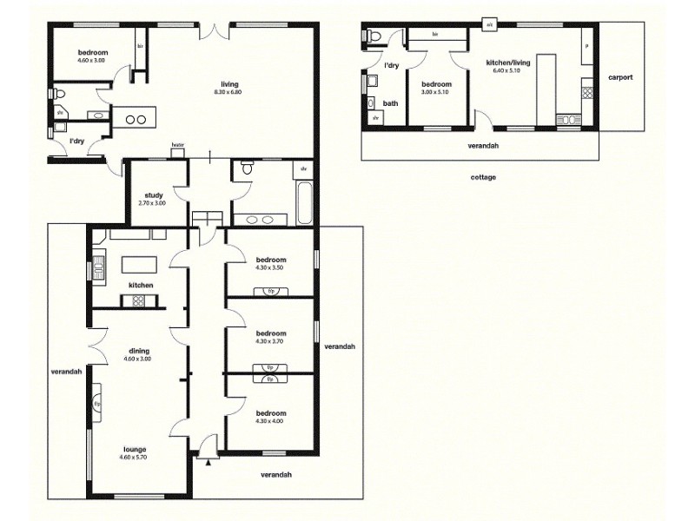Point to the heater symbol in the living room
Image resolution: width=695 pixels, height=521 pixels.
(178, 148)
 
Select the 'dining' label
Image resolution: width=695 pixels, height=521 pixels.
(139, 351)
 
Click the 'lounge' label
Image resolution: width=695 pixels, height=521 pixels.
(135, 449)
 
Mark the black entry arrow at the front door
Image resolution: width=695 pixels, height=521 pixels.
(207, 462)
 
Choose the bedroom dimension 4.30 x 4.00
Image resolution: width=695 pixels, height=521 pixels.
(270, 422)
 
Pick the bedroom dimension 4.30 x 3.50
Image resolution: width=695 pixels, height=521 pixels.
(270, 268)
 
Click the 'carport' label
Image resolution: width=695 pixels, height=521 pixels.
(619, 77)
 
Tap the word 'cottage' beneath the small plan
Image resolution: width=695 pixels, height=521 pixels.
(483, 177)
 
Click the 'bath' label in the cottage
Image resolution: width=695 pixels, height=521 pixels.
(391, 103)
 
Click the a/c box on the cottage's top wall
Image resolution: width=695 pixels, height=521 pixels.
(490, 25)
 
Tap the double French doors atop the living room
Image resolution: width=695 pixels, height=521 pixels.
(214, 30)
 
